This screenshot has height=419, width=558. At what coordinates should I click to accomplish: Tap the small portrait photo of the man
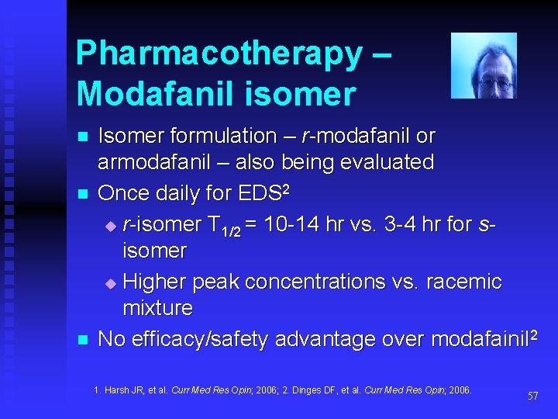tap(484, 65)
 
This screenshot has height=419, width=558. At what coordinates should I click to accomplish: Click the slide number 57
tap(532, 396)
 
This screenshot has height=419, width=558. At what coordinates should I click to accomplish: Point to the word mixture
tap(157, 308)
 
